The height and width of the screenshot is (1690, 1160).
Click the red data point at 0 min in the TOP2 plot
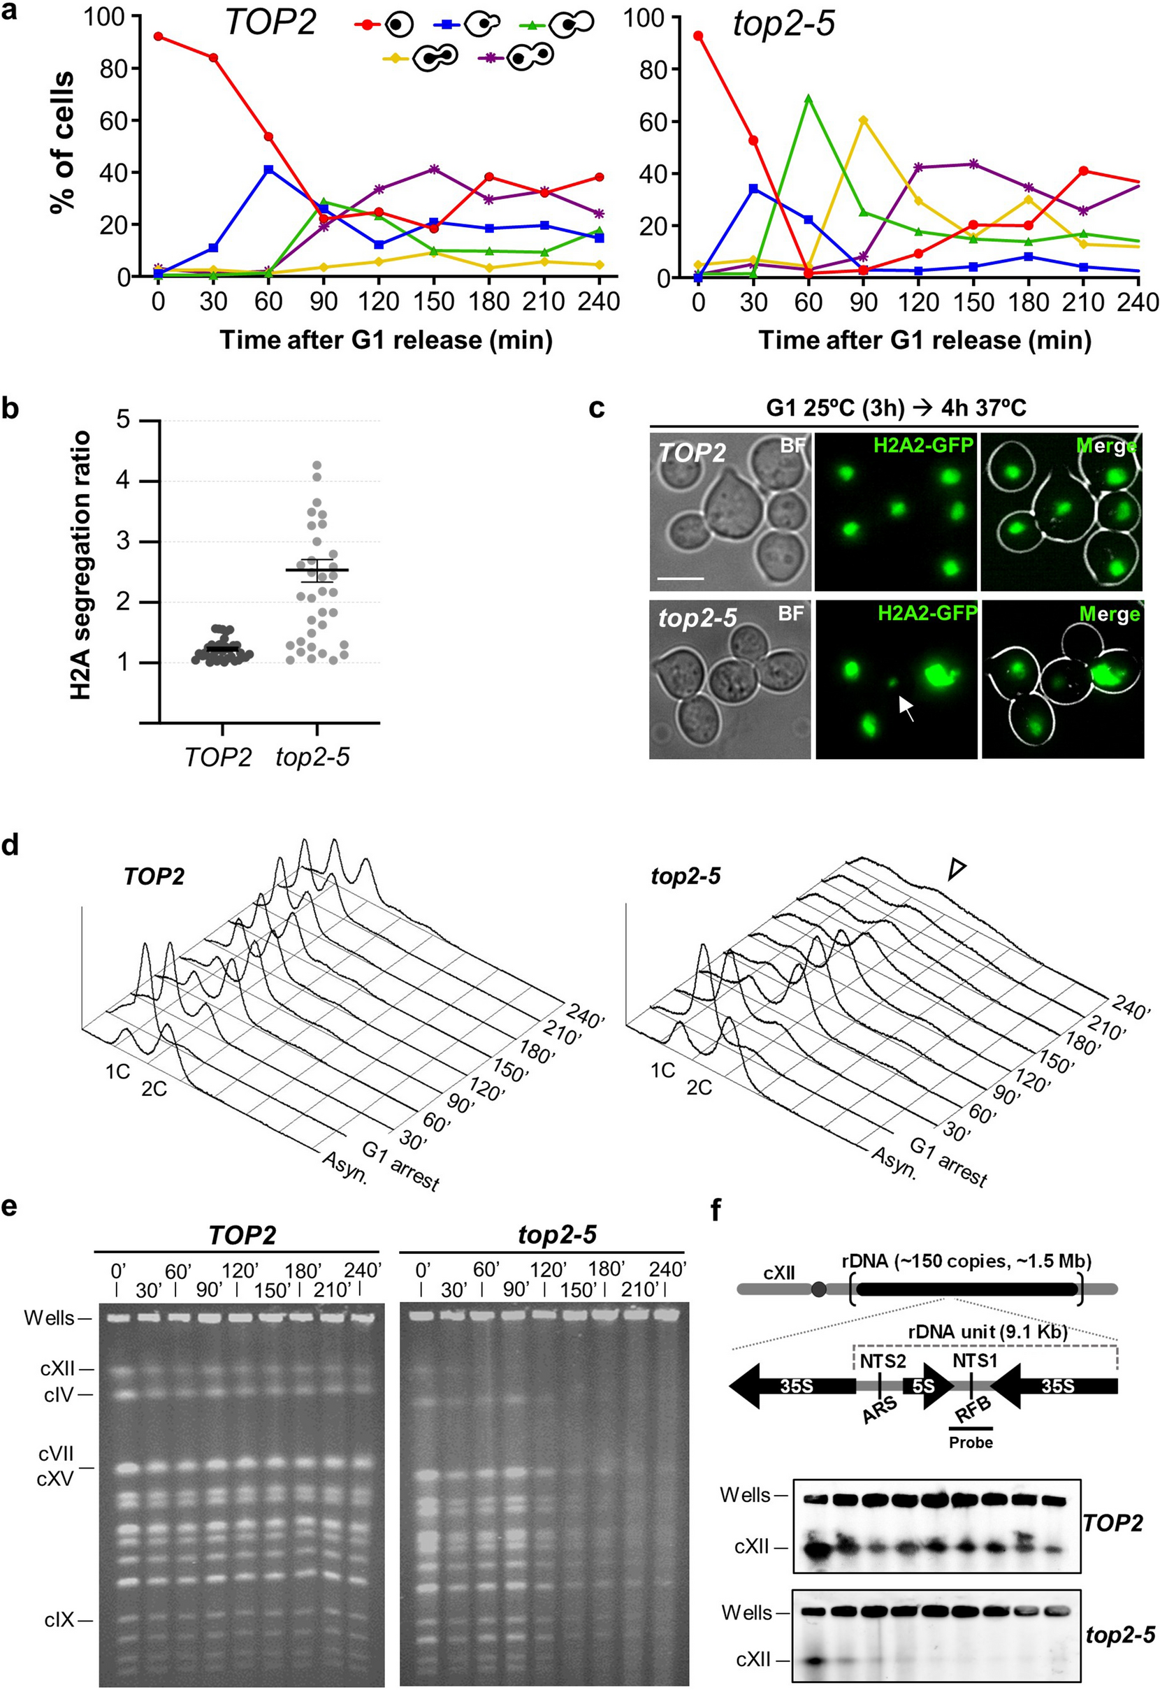tap(159, 36)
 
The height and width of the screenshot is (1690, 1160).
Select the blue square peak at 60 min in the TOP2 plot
tap(268, 168)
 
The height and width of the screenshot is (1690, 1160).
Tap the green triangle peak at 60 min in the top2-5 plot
tap(808, 98)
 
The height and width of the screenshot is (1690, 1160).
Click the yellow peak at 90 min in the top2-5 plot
tap(863, 120)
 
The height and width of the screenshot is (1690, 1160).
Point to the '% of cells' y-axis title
tap(61, 142)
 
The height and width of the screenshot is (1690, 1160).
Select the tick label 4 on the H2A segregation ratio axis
tap(126, 482)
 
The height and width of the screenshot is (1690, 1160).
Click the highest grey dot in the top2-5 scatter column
tap(317, 465)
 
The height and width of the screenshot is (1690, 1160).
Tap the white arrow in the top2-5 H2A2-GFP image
tap(906, 707)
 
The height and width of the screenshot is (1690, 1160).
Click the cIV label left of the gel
tap(58, 1395)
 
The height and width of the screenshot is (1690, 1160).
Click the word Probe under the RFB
tap(970, 1442)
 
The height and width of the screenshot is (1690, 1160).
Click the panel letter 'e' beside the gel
tap(10, 1206)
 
